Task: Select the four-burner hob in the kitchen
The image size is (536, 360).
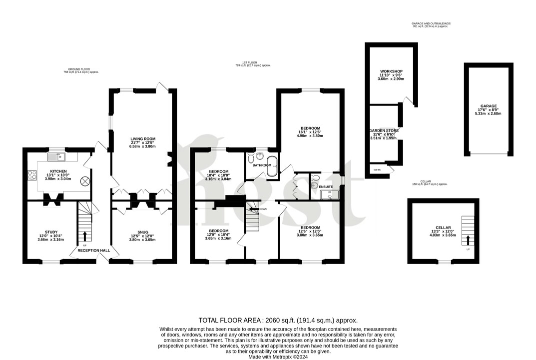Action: pyautogui.click(x=32, y=175)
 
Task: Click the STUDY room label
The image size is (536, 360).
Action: pyautogui.click(x=51, y=232)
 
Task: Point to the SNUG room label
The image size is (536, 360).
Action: pyautogui.click(x=142, y=232)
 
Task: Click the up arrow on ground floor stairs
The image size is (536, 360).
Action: pyautogui.click(x=84, y=235)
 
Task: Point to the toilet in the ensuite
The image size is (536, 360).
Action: pyautogui.click(x=314, y=185)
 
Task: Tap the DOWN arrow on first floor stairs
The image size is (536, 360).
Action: pyautogui.click(x=254, y=209)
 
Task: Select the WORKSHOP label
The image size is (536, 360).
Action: pyautogui.click(x=391, y=71)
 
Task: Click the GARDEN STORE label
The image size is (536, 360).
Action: pyautogui.click(x=383, y=130)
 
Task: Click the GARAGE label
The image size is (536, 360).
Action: pyautogui.click(x=489, y=106)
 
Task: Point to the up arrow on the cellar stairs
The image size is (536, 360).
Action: pyautogui.click(x=468, y=240)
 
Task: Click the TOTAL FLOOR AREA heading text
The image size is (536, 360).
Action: pyautogui.click(x=232, y=320)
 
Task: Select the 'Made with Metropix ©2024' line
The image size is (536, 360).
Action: pyautogui.click(x=278, y=356)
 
